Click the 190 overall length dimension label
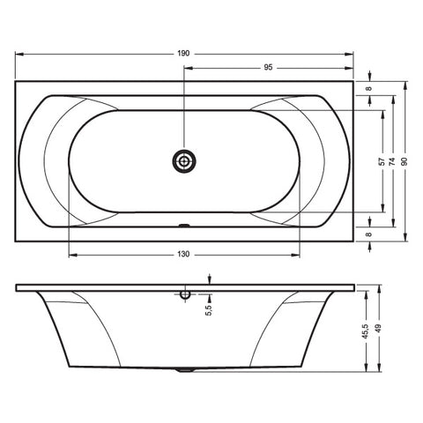(x=183, y=54)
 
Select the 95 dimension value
(x=268, y=68)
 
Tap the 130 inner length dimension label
(x=183, y=255)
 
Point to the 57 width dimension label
(x=382, y=161)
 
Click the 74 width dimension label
(x=392, y=161)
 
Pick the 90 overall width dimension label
(x=404, y=161)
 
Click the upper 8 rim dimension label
(x=369, y=88)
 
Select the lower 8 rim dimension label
(x=369, y=234)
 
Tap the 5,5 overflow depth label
(x=208, y=310)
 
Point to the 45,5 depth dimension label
(x=365, y=331)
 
